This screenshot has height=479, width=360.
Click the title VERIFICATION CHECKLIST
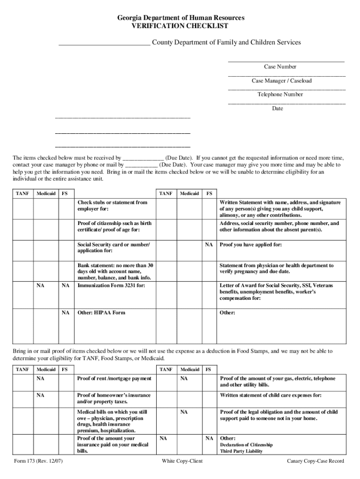click(x=180, y=26)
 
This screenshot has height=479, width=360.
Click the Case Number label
click(x=280, y=67)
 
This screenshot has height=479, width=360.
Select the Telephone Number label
click(x=280, y=94)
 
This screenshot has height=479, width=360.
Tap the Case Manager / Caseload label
click(x=281, y=81)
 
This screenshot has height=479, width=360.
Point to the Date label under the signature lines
click(x=278, y=109)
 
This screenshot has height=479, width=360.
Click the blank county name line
click(x=104, y=44)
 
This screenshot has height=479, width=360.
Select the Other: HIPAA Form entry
click(x=101, y=312)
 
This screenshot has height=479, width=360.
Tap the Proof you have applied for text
click(x=251, y=245)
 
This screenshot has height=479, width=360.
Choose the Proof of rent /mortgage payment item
click(x=114, y=378)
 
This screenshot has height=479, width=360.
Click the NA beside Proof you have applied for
click(x=209, y=245)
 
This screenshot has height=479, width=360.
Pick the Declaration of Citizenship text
click(x=246, y=445)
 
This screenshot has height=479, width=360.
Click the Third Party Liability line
click(x=241, y=451)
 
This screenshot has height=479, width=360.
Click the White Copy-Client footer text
click(x=182, y=461)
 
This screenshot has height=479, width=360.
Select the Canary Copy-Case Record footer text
click(x=315, y=461)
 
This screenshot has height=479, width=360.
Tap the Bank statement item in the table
click(x=115, y=272)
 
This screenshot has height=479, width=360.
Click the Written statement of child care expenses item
click(x=271, y=395)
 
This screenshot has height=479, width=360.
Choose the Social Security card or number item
click(x=114, y=247)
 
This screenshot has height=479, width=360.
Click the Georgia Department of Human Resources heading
click(x=180, y=18)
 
